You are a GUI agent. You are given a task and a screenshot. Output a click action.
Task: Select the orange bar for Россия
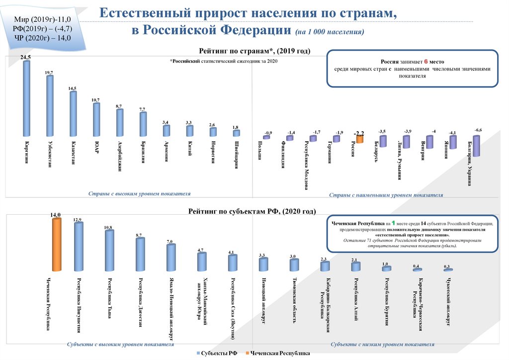click(x=359, y=140)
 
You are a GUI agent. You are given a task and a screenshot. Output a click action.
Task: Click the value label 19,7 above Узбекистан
click(x=49, y=73)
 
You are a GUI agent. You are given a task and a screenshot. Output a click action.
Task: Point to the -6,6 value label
click(x=478, y=130)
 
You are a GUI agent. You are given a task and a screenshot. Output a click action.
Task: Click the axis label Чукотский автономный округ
click(x=447, y=299)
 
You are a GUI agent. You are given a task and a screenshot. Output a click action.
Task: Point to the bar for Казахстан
click(x=73, y=114)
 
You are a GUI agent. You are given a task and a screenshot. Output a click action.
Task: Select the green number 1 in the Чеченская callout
click(x=393, y=223)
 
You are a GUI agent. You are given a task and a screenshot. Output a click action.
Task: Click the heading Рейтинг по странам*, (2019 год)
click(x=254, y=51)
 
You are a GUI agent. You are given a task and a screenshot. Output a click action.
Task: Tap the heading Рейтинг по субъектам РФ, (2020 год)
click(x=252, y=211)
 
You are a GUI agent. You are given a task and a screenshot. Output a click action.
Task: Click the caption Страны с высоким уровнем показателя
click(x=139, y=193)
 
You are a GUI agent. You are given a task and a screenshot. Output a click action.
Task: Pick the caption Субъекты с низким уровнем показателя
click(x=382, y=344)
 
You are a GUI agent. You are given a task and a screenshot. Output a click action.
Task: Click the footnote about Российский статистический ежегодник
click(x=223, y=61)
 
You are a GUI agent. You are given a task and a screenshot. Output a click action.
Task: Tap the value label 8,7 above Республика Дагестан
click(x=139, y=235)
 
